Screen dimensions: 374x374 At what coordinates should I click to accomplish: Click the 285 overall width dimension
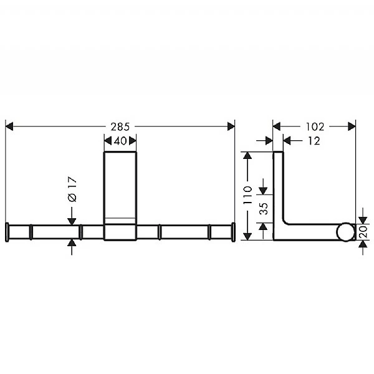click(120, 126)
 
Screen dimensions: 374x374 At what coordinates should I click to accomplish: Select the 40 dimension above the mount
click(120, 141)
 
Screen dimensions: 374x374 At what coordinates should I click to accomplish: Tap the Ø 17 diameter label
click(72, 189)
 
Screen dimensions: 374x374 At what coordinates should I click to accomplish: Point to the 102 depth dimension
click(314, 126)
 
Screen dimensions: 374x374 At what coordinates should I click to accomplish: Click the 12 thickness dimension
click(313, 141)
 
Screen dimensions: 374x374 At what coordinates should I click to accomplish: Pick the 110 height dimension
click(248, 195)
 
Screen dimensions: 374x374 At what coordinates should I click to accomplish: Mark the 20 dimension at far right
click(363, 232)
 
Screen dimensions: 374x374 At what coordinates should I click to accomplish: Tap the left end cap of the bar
click(7, 231)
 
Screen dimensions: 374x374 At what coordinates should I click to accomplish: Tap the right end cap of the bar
click(234, 231)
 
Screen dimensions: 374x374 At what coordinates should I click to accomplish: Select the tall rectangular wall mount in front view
click(120, 187)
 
